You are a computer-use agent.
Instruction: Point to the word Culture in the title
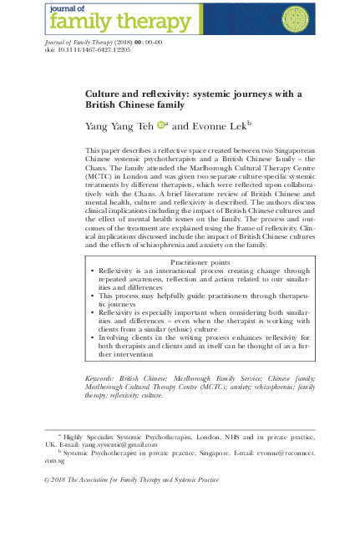[106, 95]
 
